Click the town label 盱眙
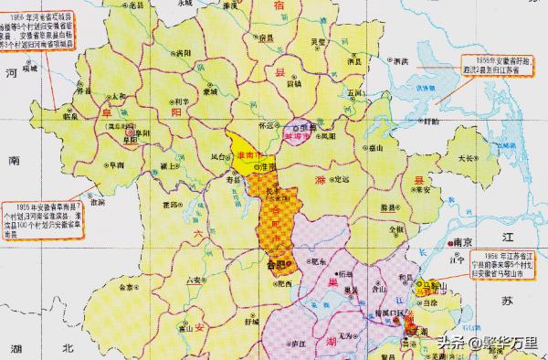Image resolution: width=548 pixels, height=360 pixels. tap(424, 119)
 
